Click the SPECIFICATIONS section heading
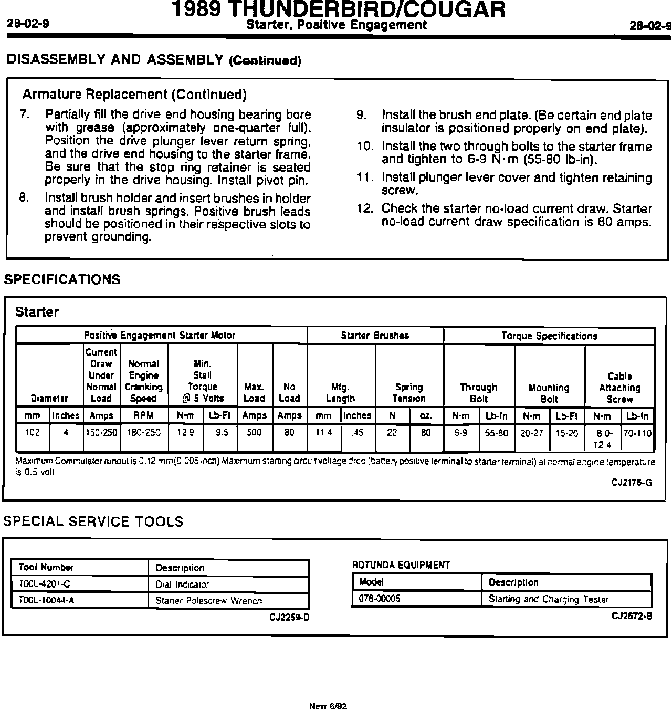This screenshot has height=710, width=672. [x=62, y=279]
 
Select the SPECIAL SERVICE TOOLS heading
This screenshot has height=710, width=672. [x=93, y=521]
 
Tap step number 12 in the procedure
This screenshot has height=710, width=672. [x=365, y=208]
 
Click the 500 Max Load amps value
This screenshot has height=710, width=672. [x=255, y=433]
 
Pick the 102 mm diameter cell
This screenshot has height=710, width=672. [x=33, y=433]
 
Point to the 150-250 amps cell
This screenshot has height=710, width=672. [x=102, y=433]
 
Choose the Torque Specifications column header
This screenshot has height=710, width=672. [x=549, y=336]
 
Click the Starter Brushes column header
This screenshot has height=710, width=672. [x=375, y=336]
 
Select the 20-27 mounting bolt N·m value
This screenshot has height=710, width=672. [x=532, y=433]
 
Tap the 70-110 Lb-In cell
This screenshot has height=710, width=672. [x=637, y=433]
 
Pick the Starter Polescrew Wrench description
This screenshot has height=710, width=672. [x=209, y=600]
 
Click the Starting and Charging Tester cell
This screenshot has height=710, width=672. [x=549, y=599]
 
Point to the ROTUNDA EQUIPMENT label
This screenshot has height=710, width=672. [x=401, y=565]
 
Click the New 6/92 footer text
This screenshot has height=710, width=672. [x=328, y=706]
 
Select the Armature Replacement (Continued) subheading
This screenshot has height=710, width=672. [x=134, y=95]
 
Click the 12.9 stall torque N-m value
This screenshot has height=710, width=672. [x=186, y=433]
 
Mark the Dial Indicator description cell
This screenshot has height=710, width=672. [x=182, y=584]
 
